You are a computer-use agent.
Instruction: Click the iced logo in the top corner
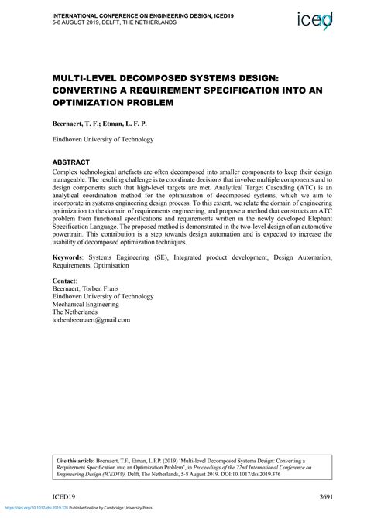316,19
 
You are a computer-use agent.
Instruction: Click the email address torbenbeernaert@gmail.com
91,319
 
